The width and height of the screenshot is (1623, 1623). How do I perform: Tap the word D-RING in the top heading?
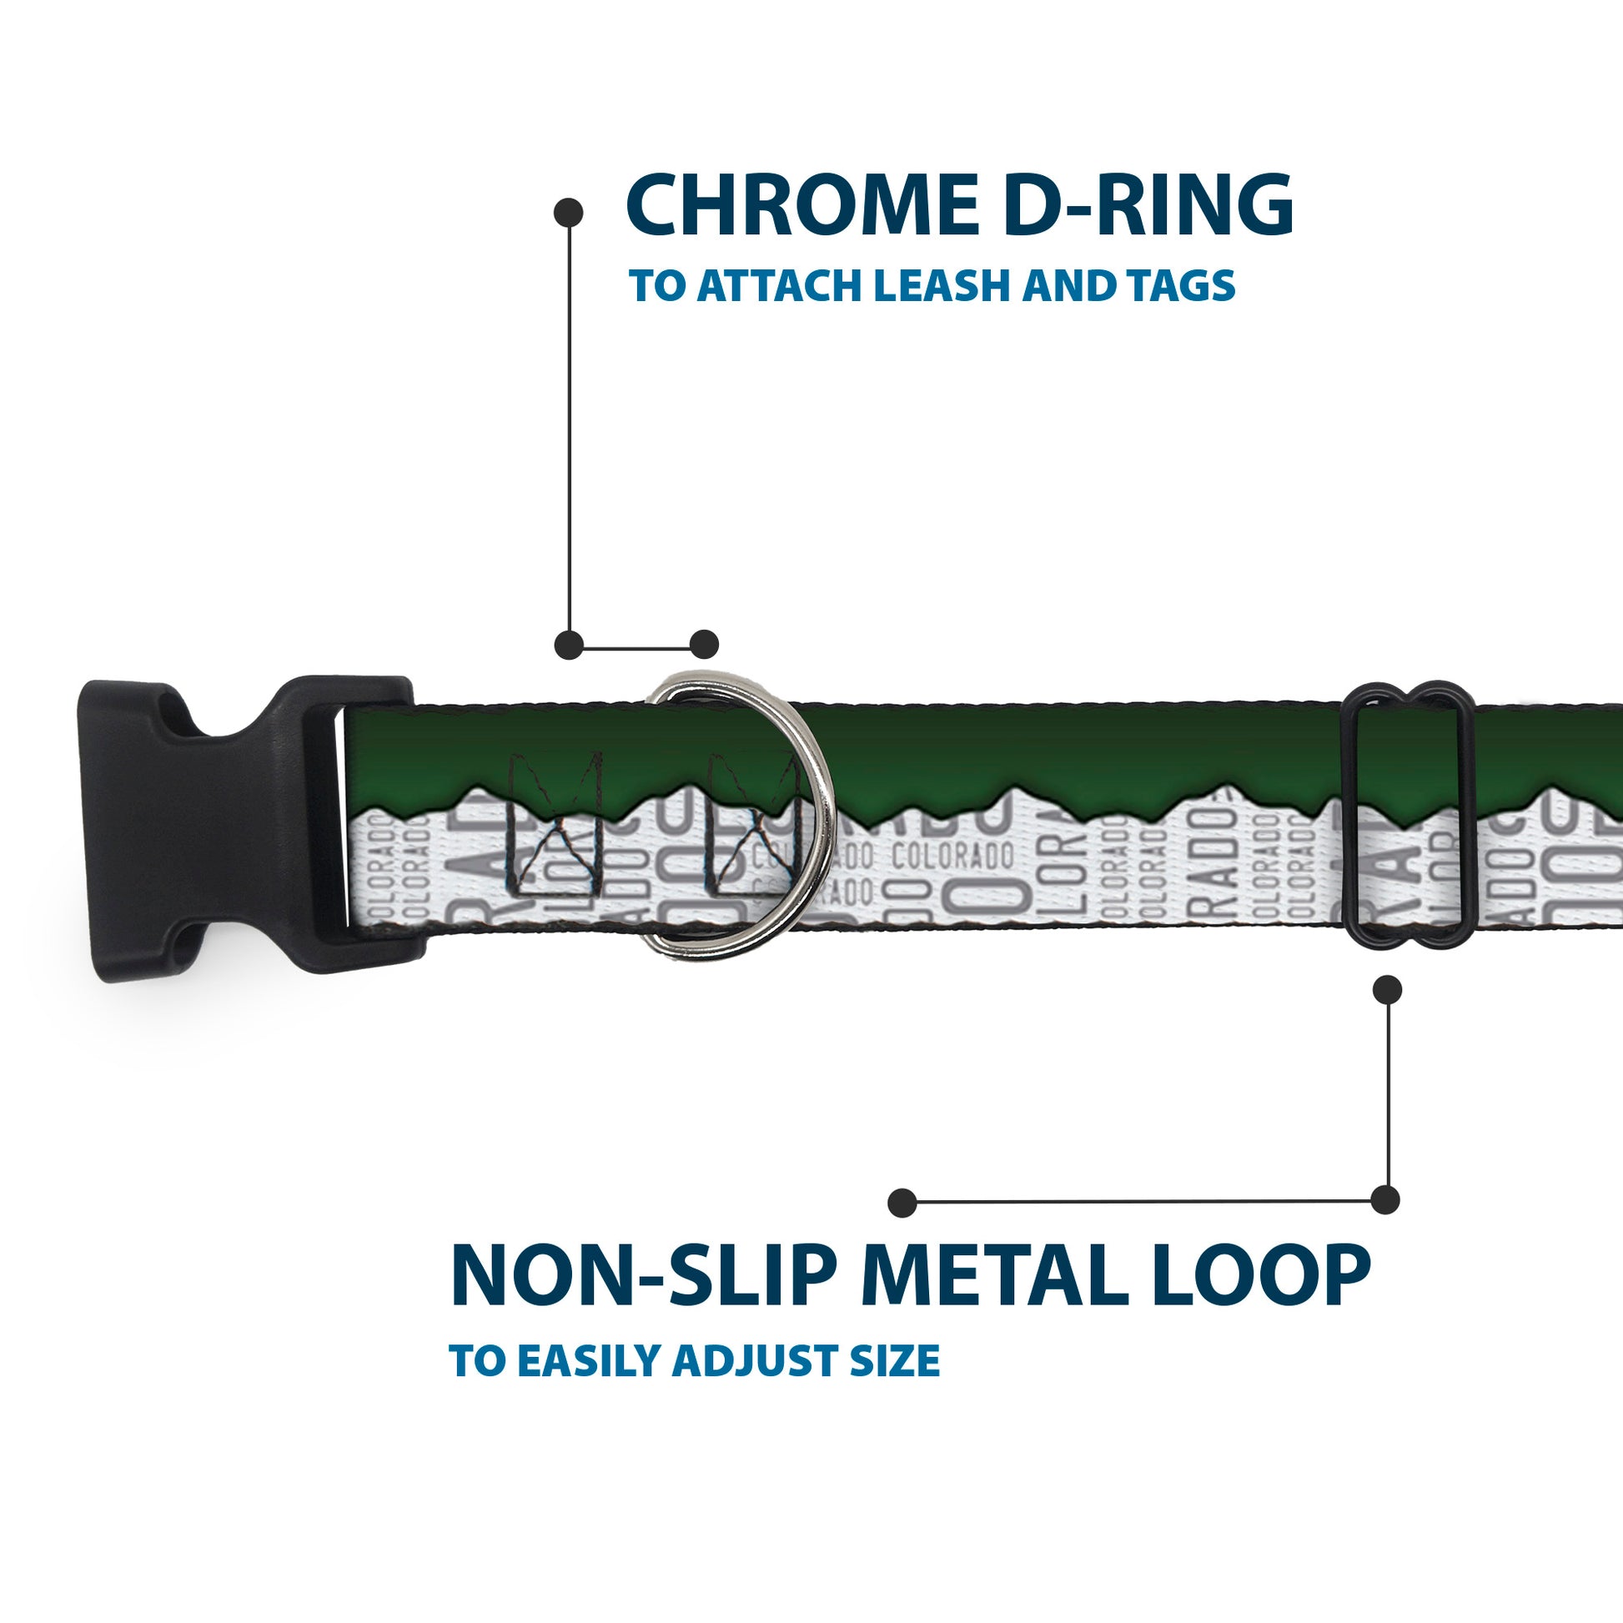[x=1148, y=204]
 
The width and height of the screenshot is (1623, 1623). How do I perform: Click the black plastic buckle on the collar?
[x=244, y=828]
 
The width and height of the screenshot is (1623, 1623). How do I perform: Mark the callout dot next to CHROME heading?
[x=569, y=213]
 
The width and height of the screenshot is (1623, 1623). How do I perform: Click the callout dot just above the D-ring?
[x=704, y=645]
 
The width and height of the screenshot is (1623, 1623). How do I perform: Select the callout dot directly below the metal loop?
[x=1387, y=990]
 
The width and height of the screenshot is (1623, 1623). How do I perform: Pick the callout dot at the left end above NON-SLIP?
[x=902, y=1202]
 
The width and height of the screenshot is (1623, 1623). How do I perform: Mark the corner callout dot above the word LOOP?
[x=1385, y=1199]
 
